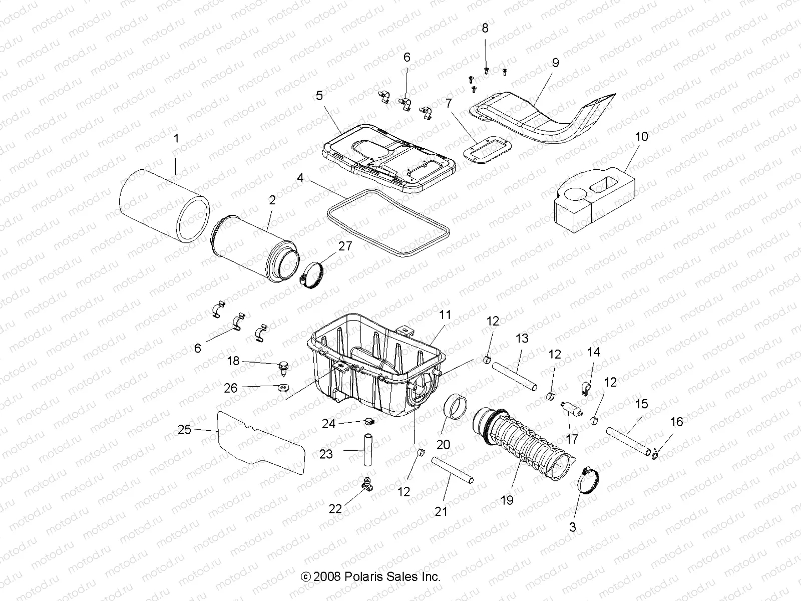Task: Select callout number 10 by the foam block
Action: click(x=641, y=136)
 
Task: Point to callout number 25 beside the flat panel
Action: click(x=184, y=429)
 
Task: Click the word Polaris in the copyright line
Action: click(x=368, y=576)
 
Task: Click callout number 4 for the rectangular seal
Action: click(x=300, y=177)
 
